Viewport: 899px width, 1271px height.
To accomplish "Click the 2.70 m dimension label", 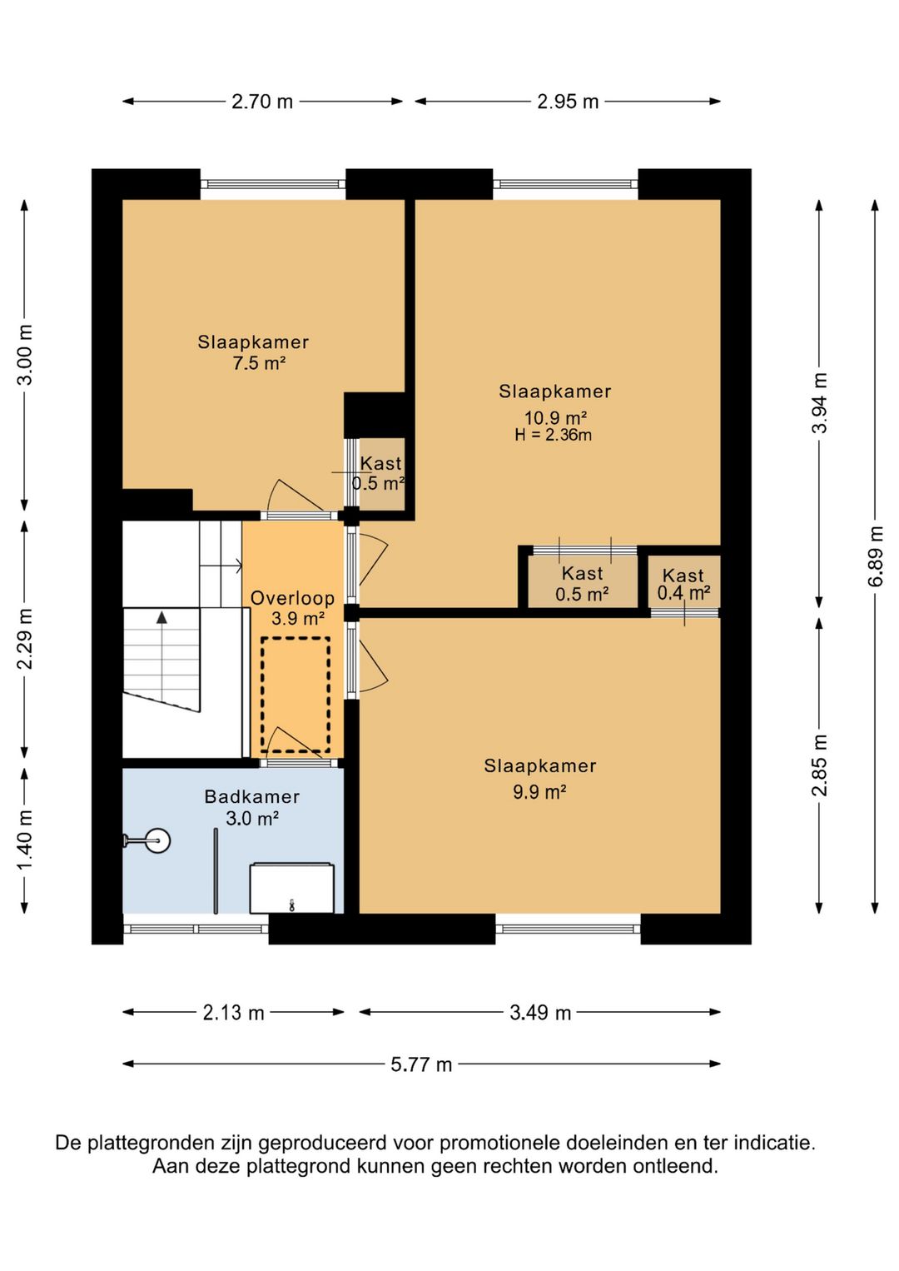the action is coord(262,102).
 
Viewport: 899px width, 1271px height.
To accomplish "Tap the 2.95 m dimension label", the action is coord(568,102).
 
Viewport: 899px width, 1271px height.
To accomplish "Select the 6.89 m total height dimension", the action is coord(876,556).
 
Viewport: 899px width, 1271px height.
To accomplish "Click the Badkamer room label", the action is coord(252,796).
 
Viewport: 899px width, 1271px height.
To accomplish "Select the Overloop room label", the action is coord(293,598).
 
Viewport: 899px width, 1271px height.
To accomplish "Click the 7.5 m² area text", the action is coord(259,362).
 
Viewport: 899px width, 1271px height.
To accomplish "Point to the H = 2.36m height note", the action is coord(553,436).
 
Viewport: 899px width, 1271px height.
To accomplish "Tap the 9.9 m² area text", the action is coord(539,791).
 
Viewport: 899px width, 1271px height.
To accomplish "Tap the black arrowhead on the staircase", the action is coord(162,617).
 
